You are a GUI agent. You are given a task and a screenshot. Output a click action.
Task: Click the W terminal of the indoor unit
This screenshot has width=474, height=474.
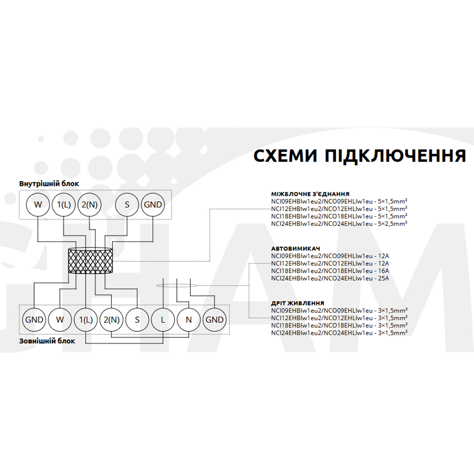tap(38, 204)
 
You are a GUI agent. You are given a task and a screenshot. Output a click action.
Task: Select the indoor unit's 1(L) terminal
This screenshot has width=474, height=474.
tap(64, 204)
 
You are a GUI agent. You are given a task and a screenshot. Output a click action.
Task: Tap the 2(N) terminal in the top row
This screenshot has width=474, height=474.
tap(90, 204)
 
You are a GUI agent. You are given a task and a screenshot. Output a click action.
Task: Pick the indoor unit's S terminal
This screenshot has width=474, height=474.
tap(127, 204)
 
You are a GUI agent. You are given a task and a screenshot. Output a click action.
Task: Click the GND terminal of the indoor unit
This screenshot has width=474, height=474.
tap(153, 204)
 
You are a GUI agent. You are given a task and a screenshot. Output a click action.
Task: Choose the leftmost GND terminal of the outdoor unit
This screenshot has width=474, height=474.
tap(34, 320)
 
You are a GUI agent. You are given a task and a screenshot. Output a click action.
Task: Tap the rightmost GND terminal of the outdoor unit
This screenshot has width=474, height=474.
tap(215, 320)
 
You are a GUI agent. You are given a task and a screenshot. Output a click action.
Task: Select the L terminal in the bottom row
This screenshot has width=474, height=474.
tap(163, 320)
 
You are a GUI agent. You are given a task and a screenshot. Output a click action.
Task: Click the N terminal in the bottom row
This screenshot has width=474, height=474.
tap(189, 320)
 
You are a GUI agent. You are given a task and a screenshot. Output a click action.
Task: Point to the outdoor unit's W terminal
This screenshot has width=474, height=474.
tap(60, 320)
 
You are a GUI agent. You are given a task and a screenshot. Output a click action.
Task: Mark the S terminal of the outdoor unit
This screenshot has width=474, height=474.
tap(137, 320)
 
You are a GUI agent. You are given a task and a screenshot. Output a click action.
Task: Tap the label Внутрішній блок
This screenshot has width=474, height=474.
tap(49, 184)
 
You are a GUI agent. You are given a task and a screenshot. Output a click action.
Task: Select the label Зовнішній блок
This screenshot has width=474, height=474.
tap(47, 341)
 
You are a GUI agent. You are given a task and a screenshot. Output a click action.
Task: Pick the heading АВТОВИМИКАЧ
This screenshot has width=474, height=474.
tap(295, 249)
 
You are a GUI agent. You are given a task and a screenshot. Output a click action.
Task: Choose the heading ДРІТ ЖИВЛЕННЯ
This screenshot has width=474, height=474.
tap(298, 303)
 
